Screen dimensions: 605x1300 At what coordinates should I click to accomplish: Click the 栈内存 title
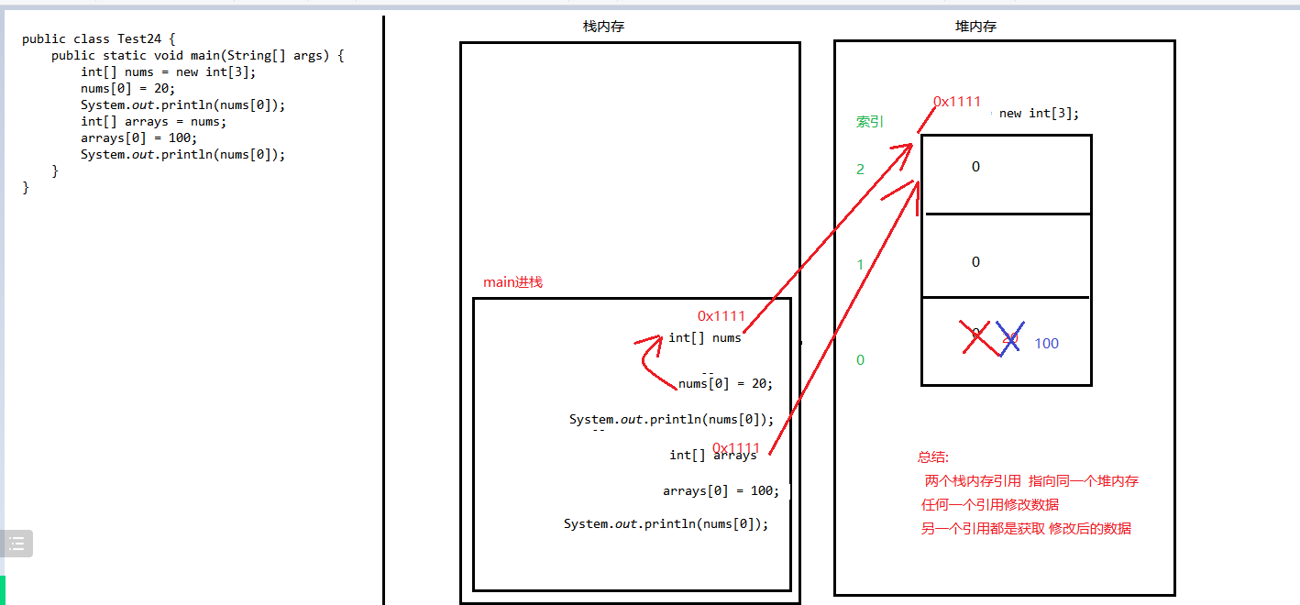click(603, 27)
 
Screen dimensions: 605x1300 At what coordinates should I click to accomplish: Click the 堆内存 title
click(975, 27)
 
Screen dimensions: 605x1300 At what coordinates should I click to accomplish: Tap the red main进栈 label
click(512, 282)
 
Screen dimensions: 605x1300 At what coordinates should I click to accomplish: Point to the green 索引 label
click(869, 121)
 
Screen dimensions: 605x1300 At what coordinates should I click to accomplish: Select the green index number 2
click(860, 170)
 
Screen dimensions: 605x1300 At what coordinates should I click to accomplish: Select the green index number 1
click(860, 265)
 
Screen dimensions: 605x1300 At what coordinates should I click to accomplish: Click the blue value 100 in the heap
click(1046, 344)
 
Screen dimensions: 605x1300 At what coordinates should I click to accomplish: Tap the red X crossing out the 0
click(979, 336)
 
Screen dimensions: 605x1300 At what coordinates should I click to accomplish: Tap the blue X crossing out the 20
click(1009, 338)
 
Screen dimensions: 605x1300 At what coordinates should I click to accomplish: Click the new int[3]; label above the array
click(1039, 114)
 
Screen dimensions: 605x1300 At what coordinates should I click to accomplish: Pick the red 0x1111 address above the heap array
click(957, 102)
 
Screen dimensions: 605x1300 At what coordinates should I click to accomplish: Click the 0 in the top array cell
click(975, 167)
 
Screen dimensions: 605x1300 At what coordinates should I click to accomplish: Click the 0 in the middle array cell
click(975, 262)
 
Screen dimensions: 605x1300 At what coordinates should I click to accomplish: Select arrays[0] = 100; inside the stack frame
click(721, 490)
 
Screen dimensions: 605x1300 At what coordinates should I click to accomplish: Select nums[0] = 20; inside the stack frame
click(725, 383)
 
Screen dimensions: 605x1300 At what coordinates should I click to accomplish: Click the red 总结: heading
click(933, 457)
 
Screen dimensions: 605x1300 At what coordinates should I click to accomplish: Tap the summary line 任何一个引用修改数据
click(990, 504)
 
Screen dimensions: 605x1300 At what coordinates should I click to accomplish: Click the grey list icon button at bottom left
click(17, 544)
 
